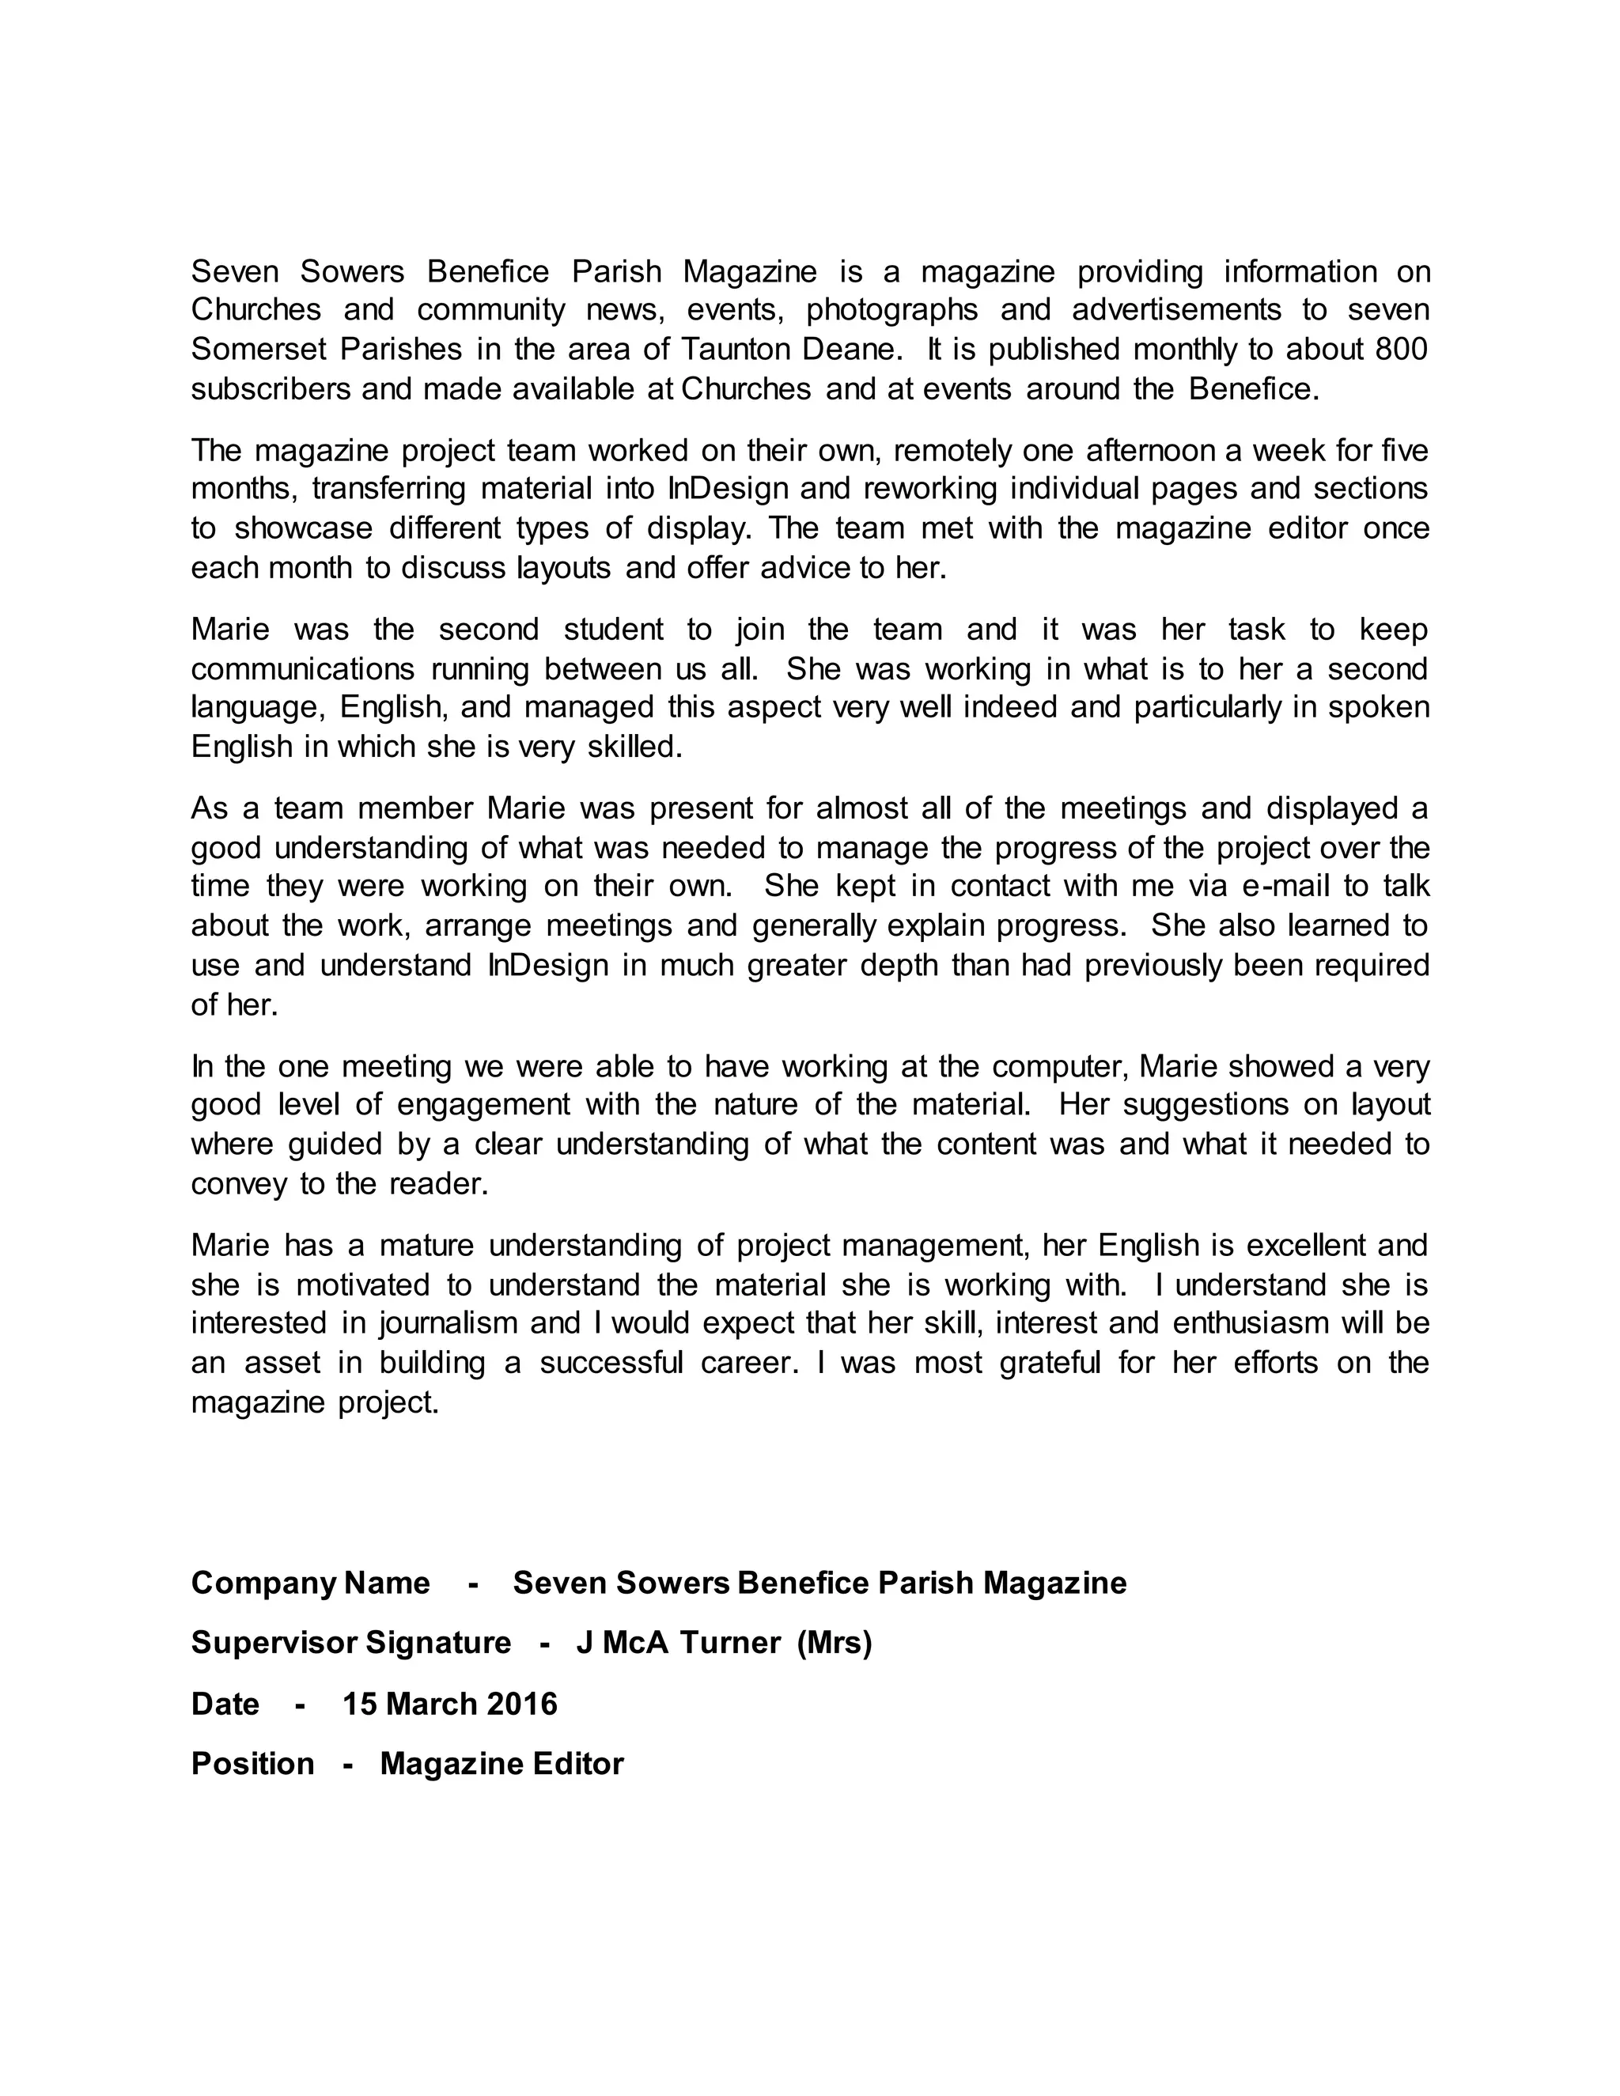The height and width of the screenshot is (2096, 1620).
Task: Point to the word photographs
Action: (x=891, y=310)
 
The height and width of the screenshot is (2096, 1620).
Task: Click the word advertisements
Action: (x=1176, y=310)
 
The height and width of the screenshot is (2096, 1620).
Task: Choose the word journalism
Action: (x=449, y=1323)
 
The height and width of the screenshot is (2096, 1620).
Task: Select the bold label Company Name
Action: (x=310, y=1583)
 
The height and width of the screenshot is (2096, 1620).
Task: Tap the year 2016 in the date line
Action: (x=522, y=1704)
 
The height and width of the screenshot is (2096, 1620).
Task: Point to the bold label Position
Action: (x=252, y=1764)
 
